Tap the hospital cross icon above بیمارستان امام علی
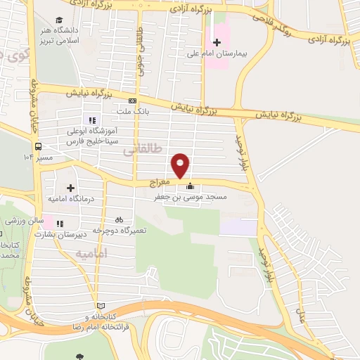click(217, 41)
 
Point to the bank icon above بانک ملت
click(131, 101)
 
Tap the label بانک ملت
click(132, 111)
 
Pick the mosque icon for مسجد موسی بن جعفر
click(189, 187)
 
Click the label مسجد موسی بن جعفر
click(190, 198)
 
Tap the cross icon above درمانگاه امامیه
click(71, 188)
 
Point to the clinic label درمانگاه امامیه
click(71, 199)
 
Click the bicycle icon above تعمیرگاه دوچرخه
click(119, 219)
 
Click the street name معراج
click(160, 182)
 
